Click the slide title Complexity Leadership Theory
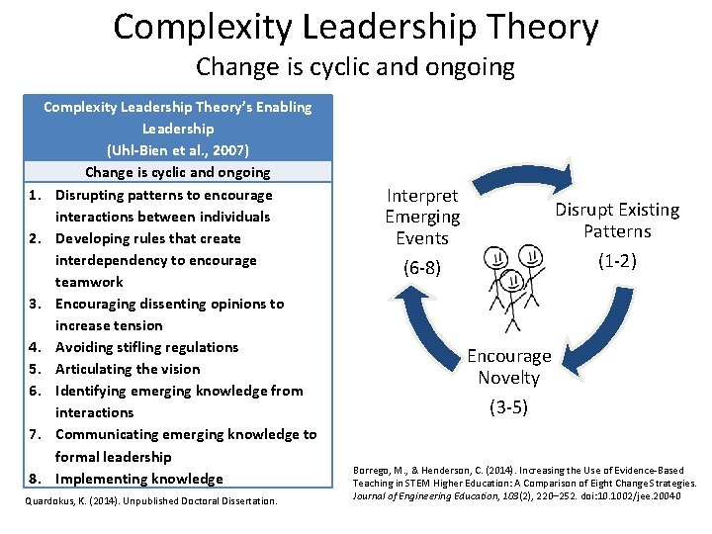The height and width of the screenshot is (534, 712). (x=355, y=27)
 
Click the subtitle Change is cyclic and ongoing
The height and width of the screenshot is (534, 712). (x=355, y=67)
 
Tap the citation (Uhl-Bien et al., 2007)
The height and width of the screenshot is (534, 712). (x=178, y=150)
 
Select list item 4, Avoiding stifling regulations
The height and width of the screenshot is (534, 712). (x=146, y=347)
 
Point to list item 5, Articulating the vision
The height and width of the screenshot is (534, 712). (x=128, y=369)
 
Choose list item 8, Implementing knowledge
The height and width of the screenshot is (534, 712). (x=138, y=479)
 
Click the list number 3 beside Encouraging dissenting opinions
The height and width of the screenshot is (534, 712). (x=35, y=304)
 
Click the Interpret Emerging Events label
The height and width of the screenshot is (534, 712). (x=422, y=217)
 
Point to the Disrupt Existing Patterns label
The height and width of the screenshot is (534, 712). (x=617, y=221)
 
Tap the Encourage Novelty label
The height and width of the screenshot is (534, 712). (x=509, y=366)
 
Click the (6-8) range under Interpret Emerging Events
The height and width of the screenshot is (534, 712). (x=422, y=268)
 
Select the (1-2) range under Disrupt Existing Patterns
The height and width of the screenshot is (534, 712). (x=617, y=261)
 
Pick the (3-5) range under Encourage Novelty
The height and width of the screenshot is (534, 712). (x=509, y=406)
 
